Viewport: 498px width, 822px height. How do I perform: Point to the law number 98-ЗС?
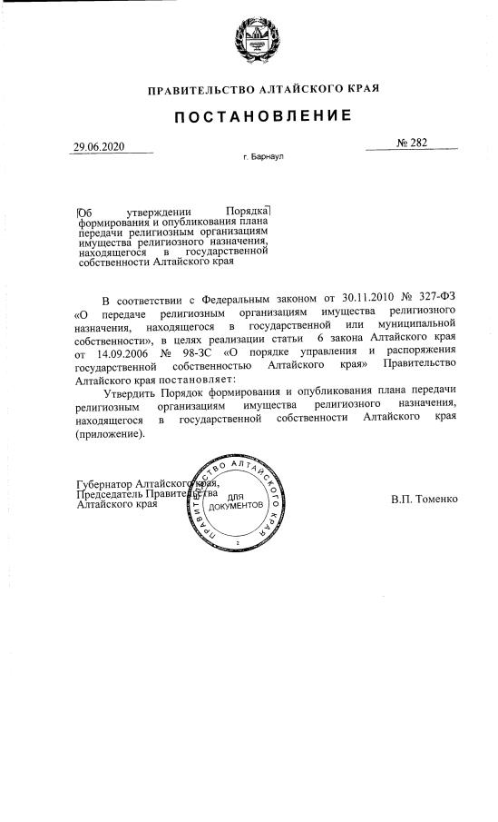[x=202, y=352]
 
